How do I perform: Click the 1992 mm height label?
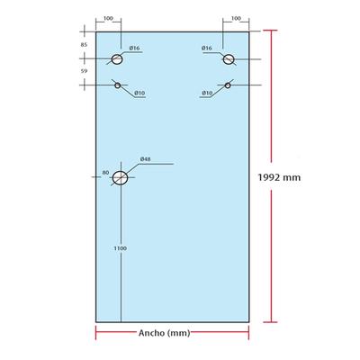[279, 177]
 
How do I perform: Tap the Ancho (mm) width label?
[164, 333]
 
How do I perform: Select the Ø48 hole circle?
[120, 178]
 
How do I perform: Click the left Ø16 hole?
[117, 59]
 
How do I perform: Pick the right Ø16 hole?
[229, 59]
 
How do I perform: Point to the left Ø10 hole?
[118, 85]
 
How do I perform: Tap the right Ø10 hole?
[228, 85]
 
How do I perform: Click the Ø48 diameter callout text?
[146, 159]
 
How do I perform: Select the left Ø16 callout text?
[134, 48]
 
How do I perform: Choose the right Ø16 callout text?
[207, 48]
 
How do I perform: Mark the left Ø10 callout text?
[139, 93]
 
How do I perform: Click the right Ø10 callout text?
[207, 93]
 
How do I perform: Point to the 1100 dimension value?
[121, 248]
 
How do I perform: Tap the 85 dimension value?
[84, 45]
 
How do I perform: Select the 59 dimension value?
[84, 71]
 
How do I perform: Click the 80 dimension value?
[105, 173]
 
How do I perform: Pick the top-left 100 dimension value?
[108, 18]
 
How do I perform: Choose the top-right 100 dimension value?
[236, 18]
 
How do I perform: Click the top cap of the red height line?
[270, 31]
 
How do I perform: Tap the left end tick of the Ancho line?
[96, 333]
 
